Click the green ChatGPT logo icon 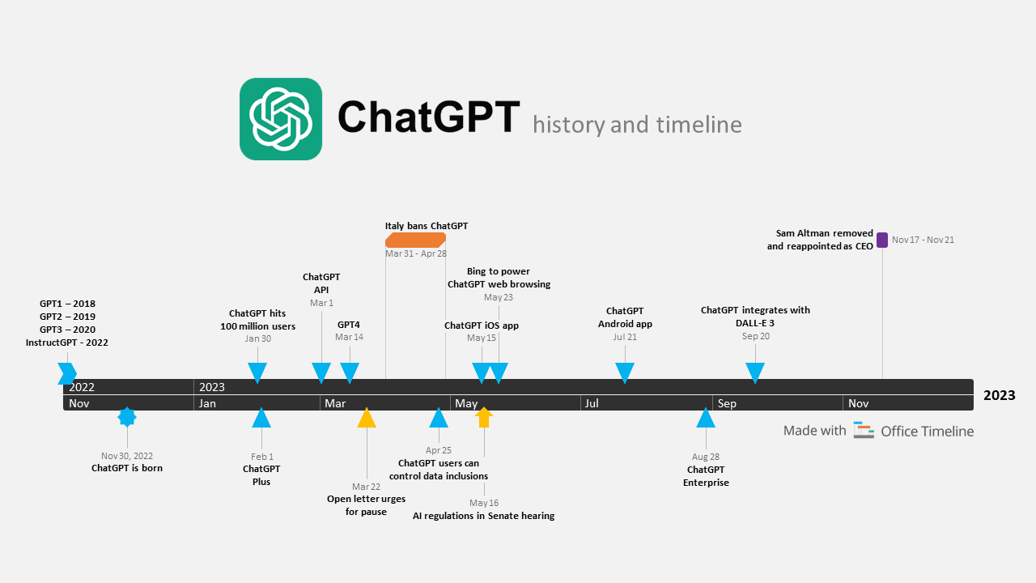coord(281,119)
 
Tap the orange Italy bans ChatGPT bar coord(415,240)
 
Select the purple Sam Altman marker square coord(882,240)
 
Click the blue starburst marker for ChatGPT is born coord(127,417)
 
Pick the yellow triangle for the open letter coord(367,418)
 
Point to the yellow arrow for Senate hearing coord(484,417)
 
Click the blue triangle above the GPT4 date coord(350,372)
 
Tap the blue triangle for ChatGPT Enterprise coord(706,418)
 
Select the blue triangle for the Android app coord(625,372)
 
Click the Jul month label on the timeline coord(592,403)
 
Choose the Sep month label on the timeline coord(727,403)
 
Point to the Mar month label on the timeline coord(335,403)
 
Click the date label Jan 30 coord(258,338)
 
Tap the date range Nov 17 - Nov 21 coord(923,240)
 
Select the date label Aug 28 coord(706,457)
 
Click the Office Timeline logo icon coord(864,431)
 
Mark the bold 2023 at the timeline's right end coord(999,395)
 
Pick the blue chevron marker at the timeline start coord(67,373)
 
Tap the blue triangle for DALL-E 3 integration coord(755,372)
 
